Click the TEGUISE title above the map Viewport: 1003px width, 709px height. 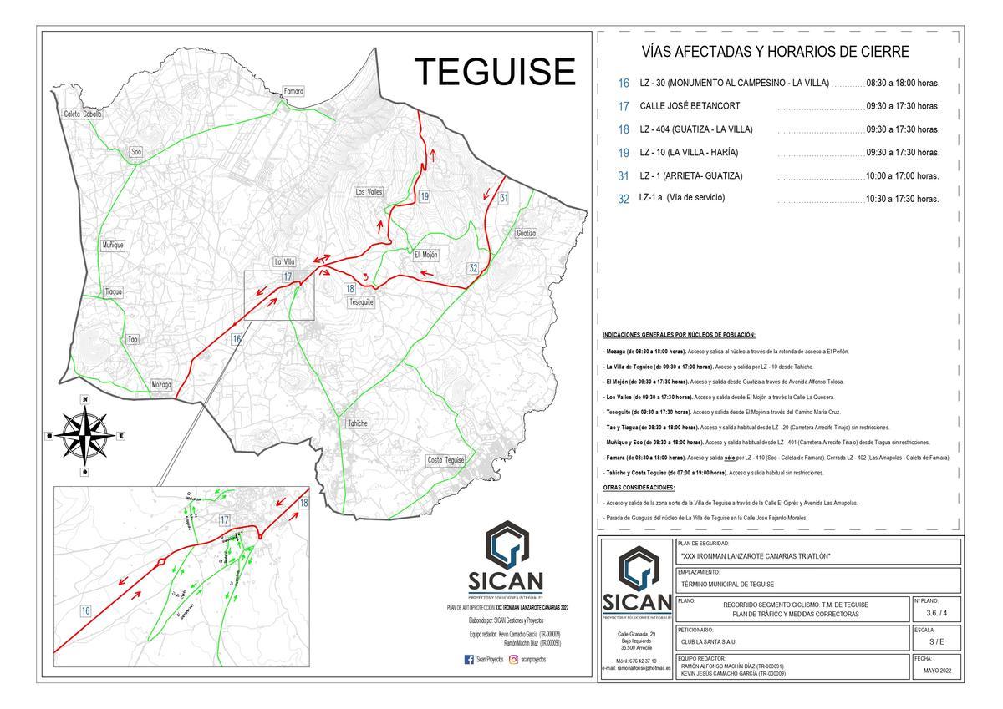[x=496, y=72]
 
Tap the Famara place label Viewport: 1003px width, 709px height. [x=293, y=91]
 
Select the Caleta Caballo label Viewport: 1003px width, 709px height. [x=84, y=114]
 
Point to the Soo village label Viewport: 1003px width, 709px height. [x=136, y=152]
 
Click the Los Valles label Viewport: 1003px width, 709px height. [x=369, y=192]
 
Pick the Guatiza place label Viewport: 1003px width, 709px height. [x=526, y=233]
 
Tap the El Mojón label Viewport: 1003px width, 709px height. [x=425, y=255]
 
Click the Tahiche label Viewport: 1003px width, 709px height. [x=357, y=423]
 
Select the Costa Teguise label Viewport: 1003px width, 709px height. [x=446, y=460]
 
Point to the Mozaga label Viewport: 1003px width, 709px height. [x=161, y=385]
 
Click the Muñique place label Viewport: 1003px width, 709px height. [x=113, y=245]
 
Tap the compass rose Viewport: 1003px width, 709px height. [x=85, y=435]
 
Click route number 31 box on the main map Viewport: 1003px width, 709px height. [x=504, y=198]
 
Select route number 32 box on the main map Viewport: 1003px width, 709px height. [x=473, y=268]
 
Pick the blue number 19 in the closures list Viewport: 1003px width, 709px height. [x=623, y=153]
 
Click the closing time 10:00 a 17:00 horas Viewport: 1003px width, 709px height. [x=903, y=176]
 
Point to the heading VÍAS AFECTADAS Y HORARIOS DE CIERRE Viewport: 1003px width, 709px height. [x=775, y=53]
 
